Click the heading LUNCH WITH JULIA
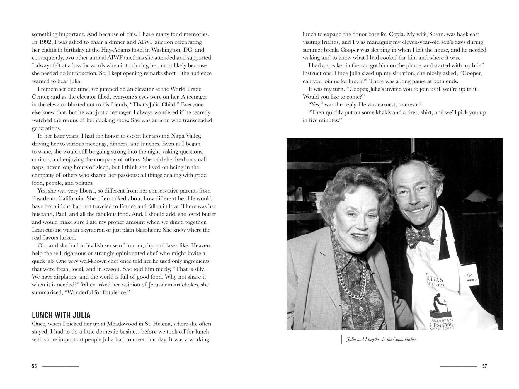pos(61,315)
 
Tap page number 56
pos(34,366)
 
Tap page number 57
pos(484,366)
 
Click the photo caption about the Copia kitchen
pos(381,339)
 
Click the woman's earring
pos(333,229)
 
